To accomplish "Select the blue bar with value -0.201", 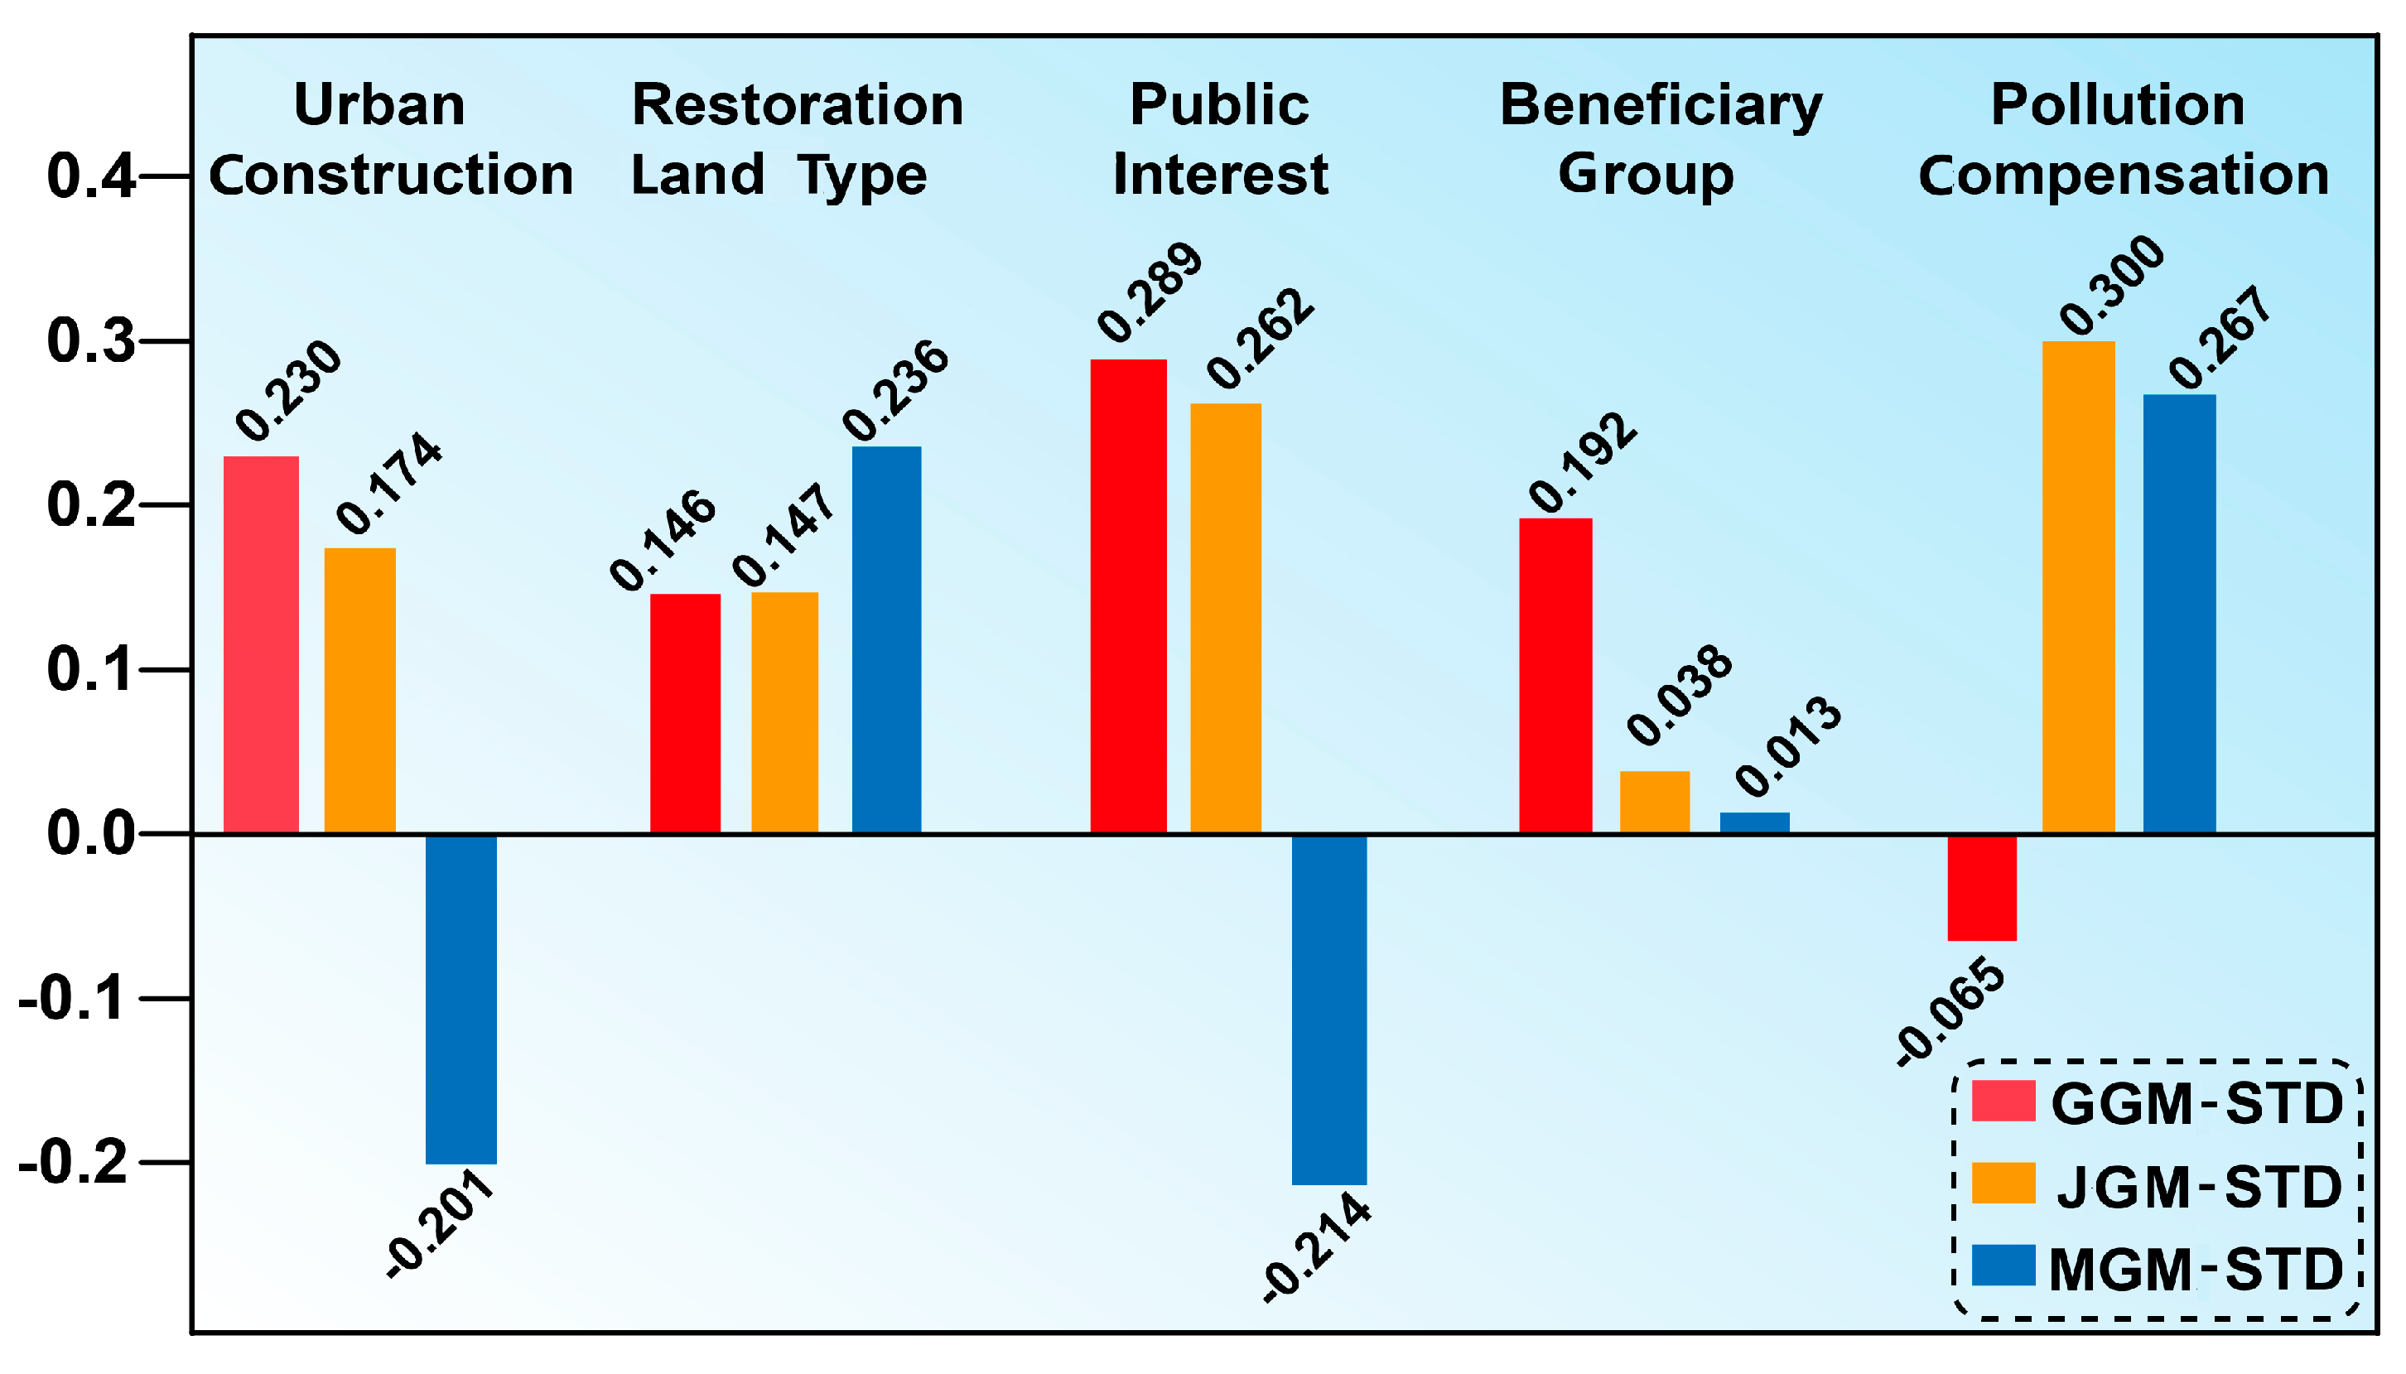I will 460,999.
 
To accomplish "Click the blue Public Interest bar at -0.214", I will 1328,1009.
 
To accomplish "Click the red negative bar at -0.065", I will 1981,887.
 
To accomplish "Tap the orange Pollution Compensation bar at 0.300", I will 2078,586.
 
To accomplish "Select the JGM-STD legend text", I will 2198,1186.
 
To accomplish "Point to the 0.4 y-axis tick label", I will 90,176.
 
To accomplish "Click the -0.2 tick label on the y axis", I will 74,1162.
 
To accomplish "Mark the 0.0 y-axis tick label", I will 90,833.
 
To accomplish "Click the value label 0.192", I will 1582,462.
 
